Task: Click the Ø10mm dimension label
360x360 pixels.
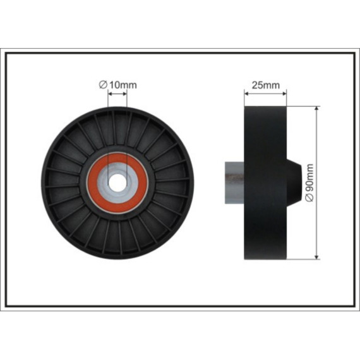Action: coord(117,85)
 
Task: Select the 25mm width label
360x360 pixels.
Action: coord(266,85)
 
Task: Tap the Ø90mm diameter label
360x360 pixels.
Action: coord(309,183)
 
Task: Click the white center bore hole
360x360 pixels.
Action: coord(117,183)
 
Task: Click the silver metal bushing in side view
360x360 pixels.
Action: coord(234,183)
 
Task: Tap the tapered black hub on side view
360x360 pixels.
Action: coord(294,183)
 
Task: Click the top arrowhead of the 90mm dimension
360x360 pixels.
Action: coord(317,109)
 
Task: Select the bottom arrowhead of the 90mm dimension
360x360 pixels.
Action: coord(317,257)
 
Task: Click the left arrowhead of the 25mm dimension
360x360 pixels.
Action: coord(246,93)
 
